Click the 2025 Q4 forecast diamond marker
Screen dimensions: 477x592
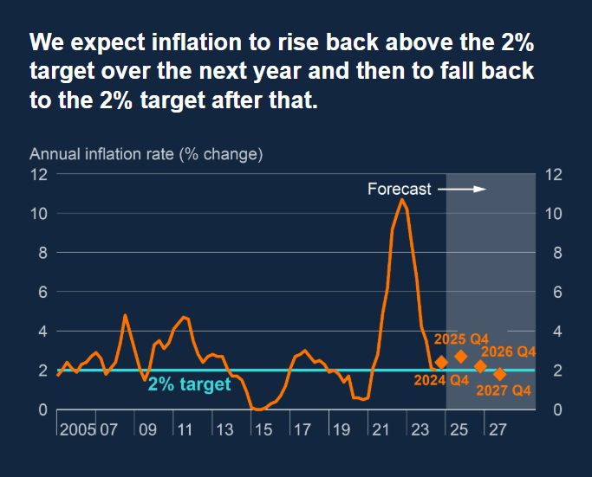[461, 357]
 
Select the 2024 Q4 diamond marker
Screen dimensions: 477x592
[440, 363]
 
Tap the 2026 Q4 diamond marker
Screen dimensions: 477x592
[481, 366]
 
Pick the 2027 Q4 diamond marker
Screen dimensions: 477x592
[500, 374]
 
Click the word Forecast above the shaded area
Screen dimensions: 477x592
[399, 190]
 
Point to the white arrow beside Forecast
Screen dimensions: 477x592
[463, 189]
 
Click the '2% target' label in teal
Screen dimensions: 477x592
[189, 384]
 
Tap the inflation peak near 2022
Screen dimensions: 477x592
[402, 200]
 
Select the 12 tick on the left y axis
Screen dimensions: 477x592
[38, 174]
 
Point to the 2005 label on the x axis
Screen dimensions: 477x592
[78, 429]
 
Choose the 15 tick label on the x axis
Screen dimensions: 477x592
[263, 429]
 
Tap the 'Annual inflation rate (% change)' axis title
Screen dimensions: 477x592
[146, 155]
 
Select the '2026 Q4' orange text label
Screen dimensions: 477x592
[509, 351]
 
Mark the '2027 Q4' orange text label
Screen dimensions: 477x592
[504, 390]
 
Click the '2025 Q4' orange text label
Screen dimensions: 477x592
[462, 338]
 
